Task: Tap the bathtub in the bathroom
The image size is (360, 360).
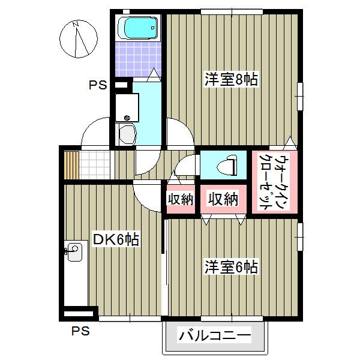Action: [137, 27]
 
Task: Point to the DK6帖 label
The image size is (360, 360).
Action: [115, 240]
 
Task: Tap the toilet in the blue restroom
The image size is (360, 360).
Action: [228, 164]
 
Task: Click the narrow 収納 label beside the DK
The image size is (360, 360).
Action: [179, 199]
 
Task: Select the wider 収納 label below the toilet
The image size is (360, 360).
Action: [223, 199]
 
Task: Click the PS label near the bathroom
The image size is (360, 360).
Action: [98, 85]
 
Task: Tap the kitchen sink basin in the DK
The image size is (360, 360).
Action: [74, 251]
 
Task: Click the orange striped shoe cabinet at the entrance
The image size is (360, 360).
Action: [72, 163]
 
